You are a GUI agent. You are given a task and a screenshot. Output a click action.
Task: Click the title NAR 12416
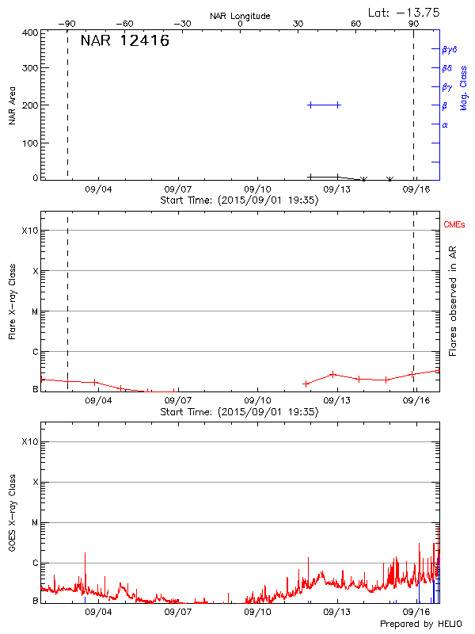point(125,40)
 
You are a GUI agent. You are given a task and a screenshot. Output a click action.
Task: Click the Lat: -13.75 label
point(405,12)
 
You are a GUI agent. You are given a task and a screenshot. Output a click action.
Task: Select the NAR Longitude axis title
point(240,15)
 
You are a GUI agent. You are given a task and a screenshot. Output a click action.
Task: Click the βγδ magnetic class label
point(449,50)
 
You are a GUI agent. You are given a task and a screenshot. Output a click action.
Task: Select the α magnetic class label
point(445,124)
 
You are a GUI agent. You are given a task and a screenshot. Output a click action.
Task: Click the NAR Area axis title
point(12,105)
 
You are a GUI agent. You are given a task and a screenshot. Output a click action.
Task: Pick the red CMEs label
point(454,225)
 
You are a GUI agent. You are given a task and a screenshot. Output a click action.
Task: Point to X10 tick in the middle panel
point(29,231)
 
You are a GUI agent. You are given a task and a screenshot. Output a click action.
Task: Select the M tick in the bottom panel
point(34,523)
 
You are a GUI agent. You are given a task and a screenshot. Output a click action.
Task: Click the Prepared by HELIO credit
point(420,624)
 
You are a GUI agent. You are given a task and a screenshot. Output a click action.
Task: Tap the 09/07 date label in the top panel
point(177,190)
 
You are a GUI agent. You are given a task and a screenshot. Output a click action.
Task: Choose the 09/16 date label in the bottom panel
point(416,613)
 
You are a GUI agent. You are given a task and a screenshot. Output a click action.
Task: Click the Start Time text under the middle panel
point(239,412)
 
